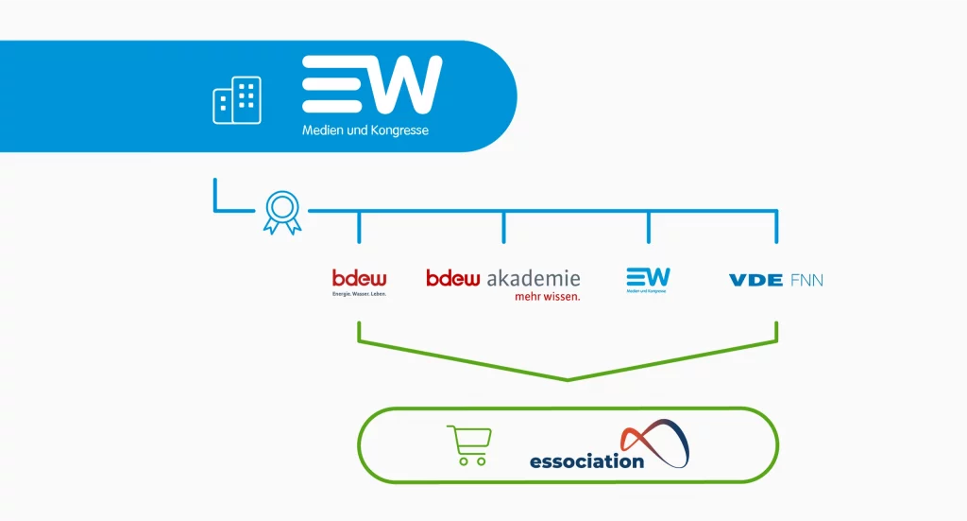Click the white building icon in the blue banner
coord(237,100)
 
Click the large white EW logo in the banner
coord(371,85)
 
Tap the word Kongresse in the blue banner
coord(398,130)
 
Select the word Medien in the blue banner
coord(321,130)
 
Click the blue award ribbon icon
coord(282,211)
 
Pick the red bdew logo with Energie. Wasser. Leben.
coord(360,278)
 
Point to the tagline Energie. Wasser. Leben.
coord(360,294)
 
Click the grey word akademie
coord(534,278)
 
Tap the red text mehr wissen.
coord(547,296)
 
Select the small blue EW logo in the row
coord(648,278)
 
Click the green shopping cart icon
coord(468,445)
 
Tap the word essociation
coord(586,461)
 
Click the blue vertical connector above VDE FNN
coord(776,226)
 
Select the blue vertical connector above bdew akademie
coord(503,226)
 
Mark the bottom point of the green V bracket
coord(568,379)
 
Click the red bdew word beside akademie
coord(453,278)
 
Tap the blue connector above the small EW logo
coord(648,226)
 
